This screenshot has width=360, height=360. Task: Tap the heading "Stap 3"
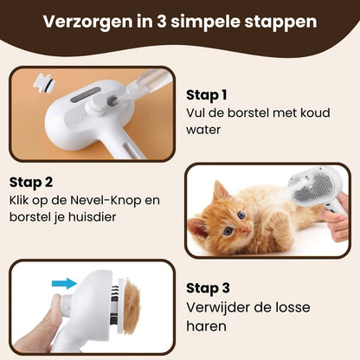coord(207,287)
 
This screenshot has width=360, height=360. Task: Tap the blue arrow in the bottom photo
coord(61,281)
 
